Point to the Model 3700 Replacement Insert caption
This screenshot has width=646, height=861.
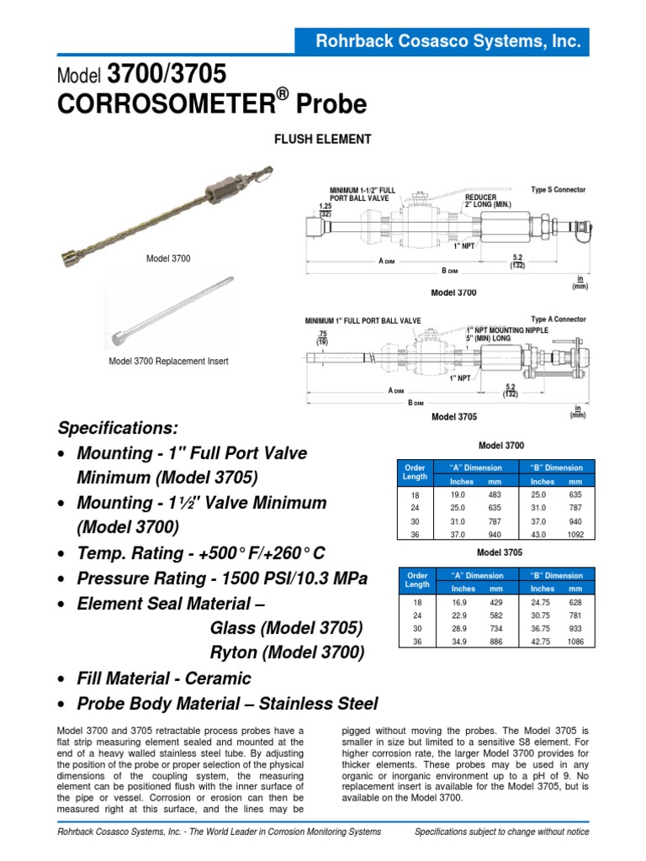tap(168, 362)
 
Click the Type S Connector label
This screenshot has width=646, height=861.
tap(559, 190)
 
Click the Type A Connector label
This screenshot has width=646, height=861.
tap(559, 320)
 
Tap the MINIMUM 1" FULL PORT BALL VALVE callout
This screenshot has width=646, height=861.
tap(363, 320)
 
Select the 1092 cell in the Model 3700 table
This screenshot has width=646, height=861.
tap(575, 534)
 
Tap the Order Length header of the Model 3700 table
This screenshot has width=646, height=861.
tap(416, 473)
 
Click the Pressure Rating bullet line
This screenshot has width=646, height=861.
tap(222, 578)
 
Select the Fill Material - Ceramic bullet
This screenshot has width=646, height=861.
tap(164, 678)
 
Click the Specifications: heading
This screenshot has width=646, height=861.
tap(125, 427)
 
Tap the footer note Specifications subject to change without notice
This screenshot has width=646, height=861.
tap(502, 832)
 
